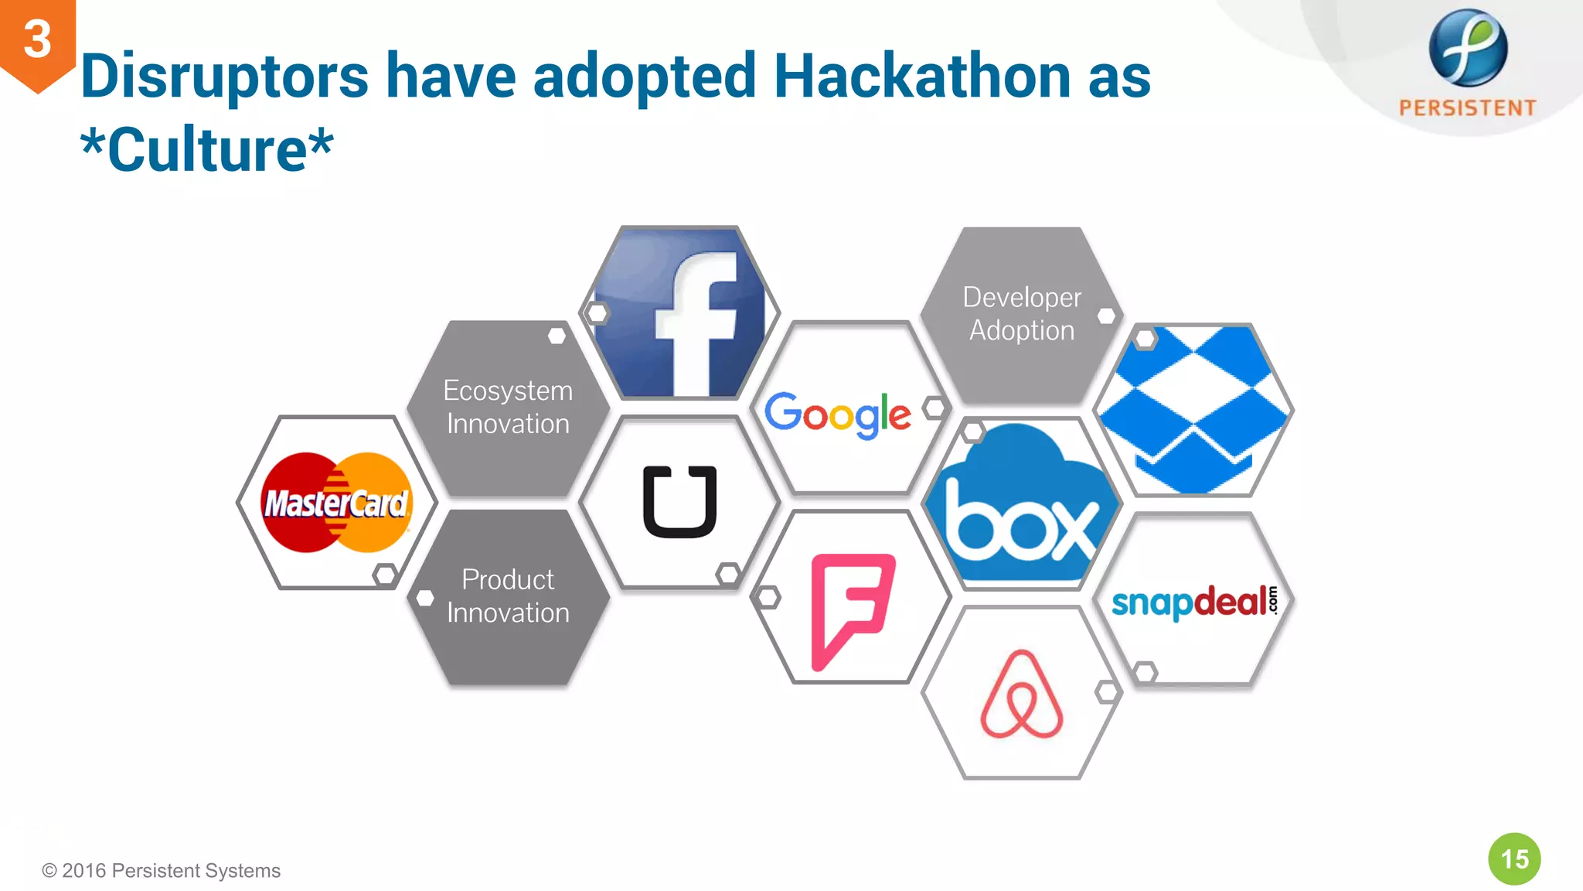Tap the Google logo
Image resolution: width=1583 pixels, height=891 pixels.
coord(838,414)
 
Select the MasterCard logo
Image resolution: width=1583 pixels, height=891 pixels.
coord(336,503)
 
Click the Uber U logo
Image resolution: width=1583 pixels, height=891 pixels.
coord(680,502)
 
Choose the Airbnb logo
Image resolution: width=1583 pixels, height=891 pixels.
coord(1021,695)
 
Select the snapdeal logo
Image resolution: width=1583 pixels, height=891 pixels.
coord(1194,602)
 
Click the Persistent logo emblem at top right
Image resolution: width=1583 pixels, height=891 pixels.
coord(1467,48)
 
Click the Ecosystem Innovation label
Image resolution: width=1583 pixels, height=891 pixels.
coord(508,408)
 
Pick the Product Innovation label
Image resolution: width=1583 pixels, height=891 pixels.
coord(508,596)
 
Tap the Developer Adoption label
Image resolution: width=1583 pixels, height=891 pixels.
coord(1022,314)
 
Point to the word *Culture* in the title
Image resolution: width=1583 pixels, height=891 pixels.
coord(207,149)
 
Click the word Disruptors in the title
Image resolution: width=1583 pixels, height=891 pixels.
coord(225,77)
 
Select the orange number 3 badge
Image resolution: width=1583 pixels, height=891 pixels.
coord(37,40)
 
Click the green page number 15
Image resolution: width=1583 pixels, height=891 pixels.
coord(1514,859)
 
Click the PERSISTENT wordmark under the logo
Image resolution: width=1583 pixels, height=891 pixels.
coord(1467,108)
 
